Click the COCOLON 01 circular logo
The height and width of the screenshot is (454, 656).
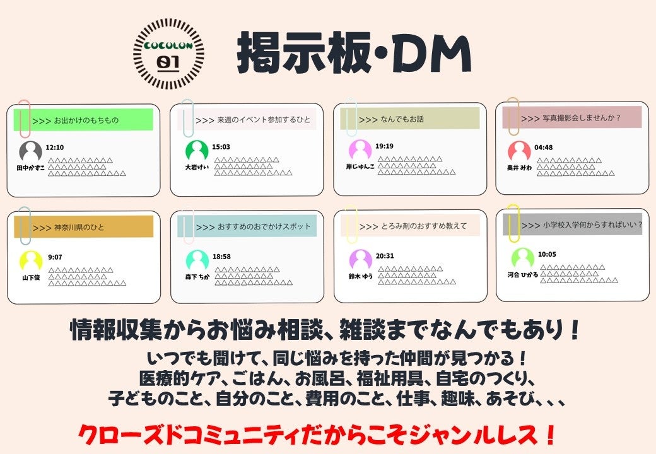[170, 54]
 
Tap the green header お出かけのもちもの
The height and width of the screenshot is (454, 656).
[83, 120]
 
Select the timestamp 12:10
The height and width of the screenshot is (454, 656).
[56, 148]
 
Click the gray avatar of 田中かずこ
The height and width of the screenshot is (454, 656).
[31, 152]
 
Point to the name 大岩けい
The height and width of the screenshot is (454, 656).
[196, 168]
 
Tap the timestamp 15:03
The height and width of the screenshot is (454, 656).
[221, 147]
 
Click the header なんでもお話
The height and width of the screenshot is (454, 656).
[410, 119]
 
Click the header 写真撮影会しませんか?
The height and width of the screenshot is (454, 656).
[572, 117]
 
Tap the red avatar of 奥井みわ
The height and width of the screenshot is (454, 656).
[519, 152]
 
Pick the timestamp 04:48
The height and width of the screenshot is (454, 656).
[544, 148]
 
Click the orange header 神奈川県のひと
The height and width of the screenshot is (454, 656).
[84, 227]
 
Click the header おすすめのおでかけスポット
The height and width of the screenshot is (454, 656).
[247, 226]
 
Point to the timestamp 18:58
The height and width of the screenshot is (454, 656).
[221, 257]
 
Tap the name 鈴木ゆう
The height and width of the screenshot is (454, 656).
[361, 276]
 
